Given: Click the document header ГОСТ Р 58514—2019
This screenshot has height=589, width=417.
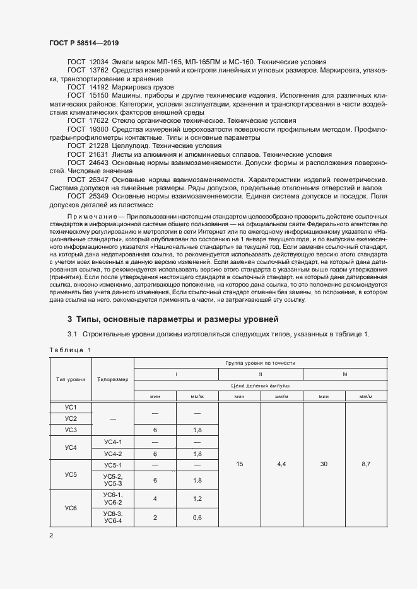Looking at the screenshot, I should (x=83, y=43).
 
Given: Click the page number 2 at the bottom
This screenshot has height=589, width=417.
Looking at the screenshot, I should (x=51, y=535).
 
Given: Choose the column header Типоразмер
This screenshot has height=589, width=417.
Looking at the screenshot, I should (x=113, y=380).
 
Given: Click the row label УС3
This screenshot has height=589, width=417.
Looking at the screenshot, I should (x=70, y=430).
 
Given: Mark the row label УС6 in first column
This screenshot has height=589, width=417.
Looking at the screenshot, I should (x=70, y=507).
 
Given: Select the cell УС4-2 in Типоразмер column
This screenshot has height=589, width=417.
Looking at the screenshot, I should (x=113, y=454).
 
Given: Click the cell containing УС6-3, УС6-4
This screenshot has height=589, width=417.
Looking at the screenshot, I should (x=113, y=517).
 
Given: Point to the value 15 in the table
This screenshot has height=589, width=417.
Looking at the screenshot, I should (x=239, y=464).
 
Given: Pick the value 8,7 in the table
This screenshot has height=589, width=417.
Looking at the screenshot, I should (x=367, y=464).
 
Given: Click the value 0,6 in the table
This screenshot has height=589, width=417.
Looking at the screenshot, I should (x=197, y=517).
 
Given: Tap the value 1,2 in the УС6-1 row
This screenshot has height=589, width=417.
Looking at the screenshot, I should (x=197, y=498).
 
